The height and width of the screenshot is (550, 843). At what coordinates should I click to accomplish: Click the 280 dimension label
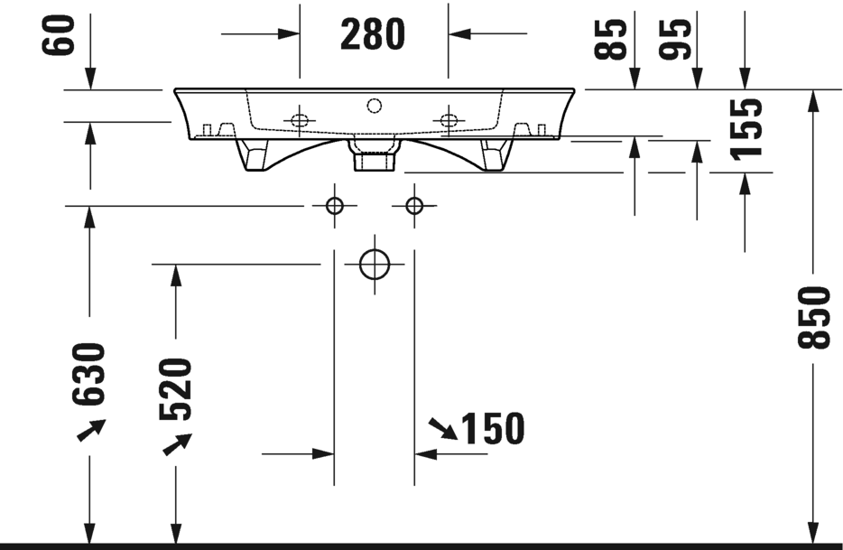[x=373, y=34]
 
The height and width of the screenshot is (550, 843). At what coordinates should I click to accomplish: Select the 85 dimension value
[x=610, y=39]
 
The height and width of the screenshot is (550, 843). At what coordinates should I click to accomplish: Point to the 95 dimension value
[x=675, y=39]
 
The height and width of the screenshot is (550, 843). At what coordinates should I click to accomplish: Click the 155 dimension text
[x=746, y=130]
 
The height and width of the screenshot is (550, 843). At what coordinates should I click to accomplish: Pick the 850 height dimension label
[x=814, y=318]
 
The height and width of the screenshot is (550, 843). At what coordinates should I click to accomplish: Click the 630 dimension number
[x=88, y=374]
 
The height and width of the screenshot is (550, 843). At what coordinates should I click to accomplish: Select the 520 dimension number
[x=175, y=388]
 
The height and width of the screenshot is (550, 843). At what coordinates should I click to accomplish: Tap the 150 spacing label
[x=493, y=429]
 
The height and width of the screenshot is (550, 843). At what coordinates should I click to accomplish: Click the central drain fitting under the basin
[x=375, y=155]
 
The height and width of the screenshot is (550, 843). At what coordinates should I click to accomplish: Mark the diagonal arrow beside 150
[x=443, y=429]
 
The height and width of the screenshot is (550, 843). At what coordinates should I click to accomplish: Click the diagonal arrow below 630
[x=91, y=430]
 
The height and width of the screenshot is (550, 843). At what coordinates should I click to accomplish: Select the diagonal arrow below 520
[x=177, y=444]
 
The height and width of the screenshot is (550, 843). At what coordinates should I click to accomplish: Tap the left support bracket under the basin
[x=253, y=155]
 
